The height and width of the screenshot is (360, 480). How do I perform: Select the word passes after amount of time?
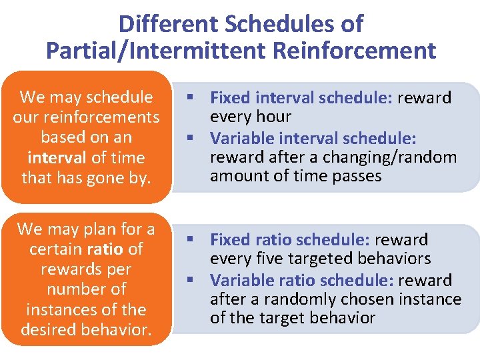pyautogui.click(x=357, y=177)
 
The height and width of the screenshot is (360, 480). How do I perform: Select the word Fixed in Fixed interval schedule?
pyautogui.click(x=229, y=97)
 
